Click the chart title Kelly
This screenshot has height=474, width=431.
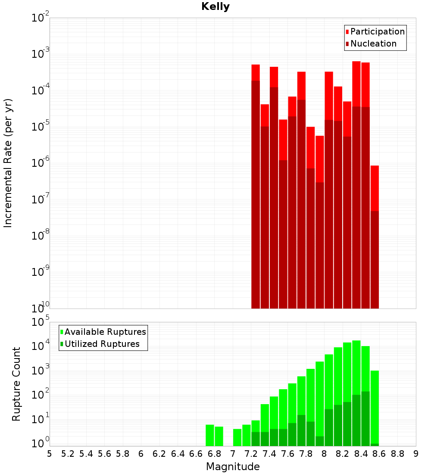[x=215, y=7]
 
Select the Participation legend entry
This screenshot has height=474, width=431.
[x=378, y=31]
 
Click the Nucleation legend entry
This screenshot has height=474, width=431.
[x=373, y=44]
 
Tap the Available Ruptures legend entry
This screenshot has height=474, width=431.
[x=105, y=332]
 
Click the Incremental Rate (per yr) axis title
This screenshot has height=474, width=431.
[x=8, y=163]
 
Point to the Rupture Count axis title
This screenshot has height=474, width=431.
[x=16, y=384]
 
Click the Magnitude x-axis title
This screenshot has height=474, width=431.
[x=233, y=466]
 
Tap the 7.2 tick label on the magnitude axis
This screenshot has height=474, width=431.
[x=251, y=453]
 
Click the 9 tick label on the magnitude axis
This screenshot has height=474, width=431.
[x=415, y=453]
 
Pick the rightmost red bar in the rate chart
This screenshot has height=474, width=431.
[x=375, y=237]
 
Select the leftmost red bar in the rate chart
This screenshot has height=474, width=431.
[x=256, y=185]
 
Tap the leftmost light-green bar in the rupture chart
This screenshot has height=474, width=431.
[x=210, y=435]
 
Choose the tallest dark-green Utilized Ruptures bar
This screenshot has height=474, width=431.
[x=365, y=418]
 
